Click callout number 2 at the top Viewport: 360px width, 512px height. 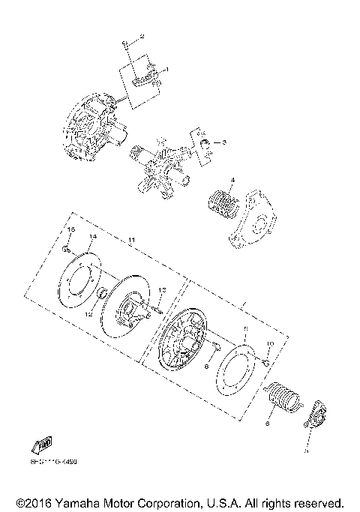142,37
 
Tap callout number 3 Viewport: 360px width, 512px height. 223,142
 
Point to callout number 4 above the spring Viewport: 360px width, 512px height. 232,180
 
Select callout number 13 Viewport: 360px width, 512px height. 161,290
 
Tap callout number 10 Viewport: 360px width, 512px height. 271,344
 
